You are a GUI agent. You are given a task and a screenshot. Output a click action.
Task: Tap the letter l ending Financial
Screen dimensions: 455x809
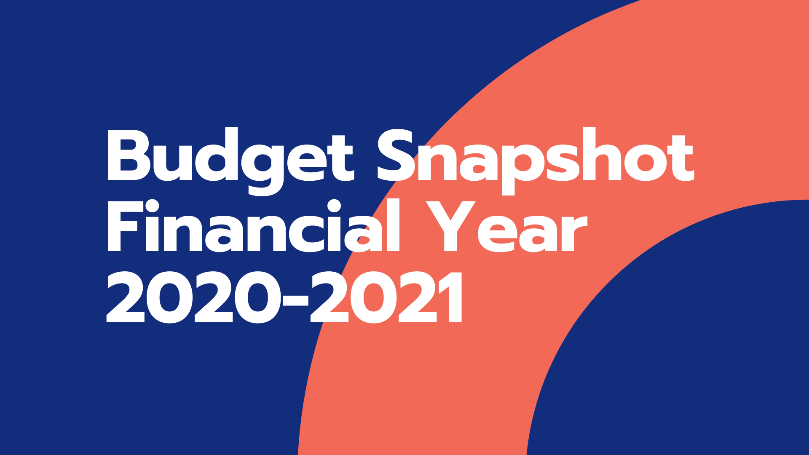coord(393,225)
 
